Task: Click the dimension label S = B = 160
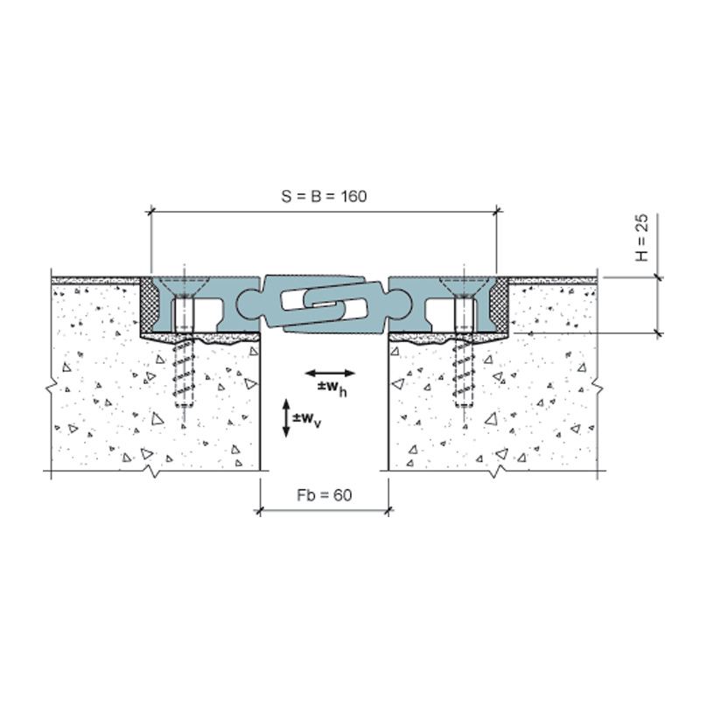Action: pyautogui.click(x=325, y=197)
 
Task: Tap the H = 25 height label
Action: pyautogui.click(x=641, y=238)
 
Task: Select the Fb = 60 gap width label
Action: pyautogui.click(x=325, y=495)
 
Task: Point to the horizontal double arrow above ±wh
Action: pyautogui.click(x=330, y=373)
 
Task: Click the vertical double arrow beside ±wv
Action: pyautogui.click(x=286, y=418)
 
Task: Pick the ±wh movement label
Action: pyautogui.click(x=332, y=388)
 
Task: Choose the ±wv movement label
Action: pyautogui.click(x=307, y=420)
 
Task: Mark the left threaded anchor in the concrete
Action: pyautogui.click(x=184, y=373)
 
